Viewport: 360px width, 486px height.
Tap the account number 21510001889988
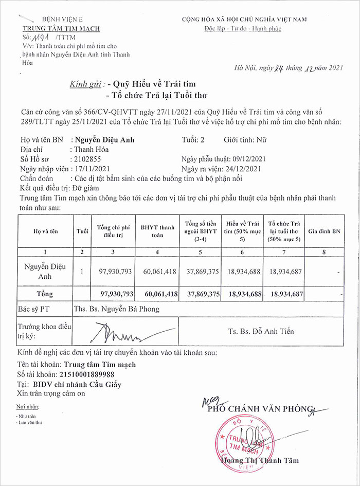click(86, 374)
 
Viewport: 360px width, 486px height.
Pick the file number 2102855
click(87, 159)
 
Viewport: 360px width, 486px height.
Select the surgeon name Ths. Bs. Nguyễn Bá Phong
click(117, 309)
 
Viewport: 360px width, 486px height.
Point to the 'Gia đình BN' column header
click(324, 231)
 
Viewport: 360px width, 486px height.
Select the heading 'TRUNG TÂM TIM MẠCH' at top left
click(61, 29)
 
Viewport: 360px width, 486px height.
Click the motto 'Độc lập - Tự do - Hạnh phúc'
click(242, 29)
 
